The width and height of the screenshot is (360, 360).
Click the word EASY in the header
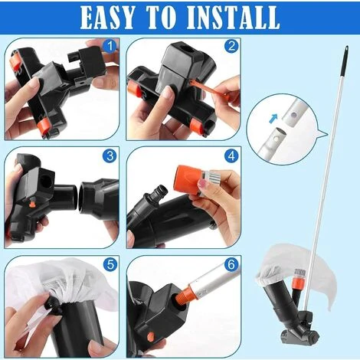coord(107,17)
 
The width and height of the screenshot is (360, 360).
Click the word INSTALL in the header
coord(234,17)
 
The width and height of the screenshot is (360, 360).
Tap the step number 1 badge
coord(110,46)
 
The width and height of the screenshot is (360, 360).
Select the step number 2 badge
coord(231,46)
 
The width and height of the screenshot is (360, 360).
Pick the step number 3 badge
coord(110,155)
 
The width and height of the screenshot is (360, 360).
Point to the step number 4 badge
coord(231,155)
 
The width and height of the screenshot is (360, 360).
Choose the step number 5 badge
coord(110,265)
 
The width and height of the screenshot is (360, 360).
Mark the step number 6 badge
coord(231,265)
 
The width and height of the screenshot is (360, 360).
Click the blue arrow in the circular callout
coord(273,118)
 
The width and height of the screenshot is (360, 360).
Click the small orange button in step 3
coord(32,205)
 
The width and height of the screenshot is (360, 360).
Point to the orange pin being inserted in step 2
coord(208,89)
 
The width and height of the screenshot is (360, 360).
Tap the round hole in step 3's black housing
coord(45,180)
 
